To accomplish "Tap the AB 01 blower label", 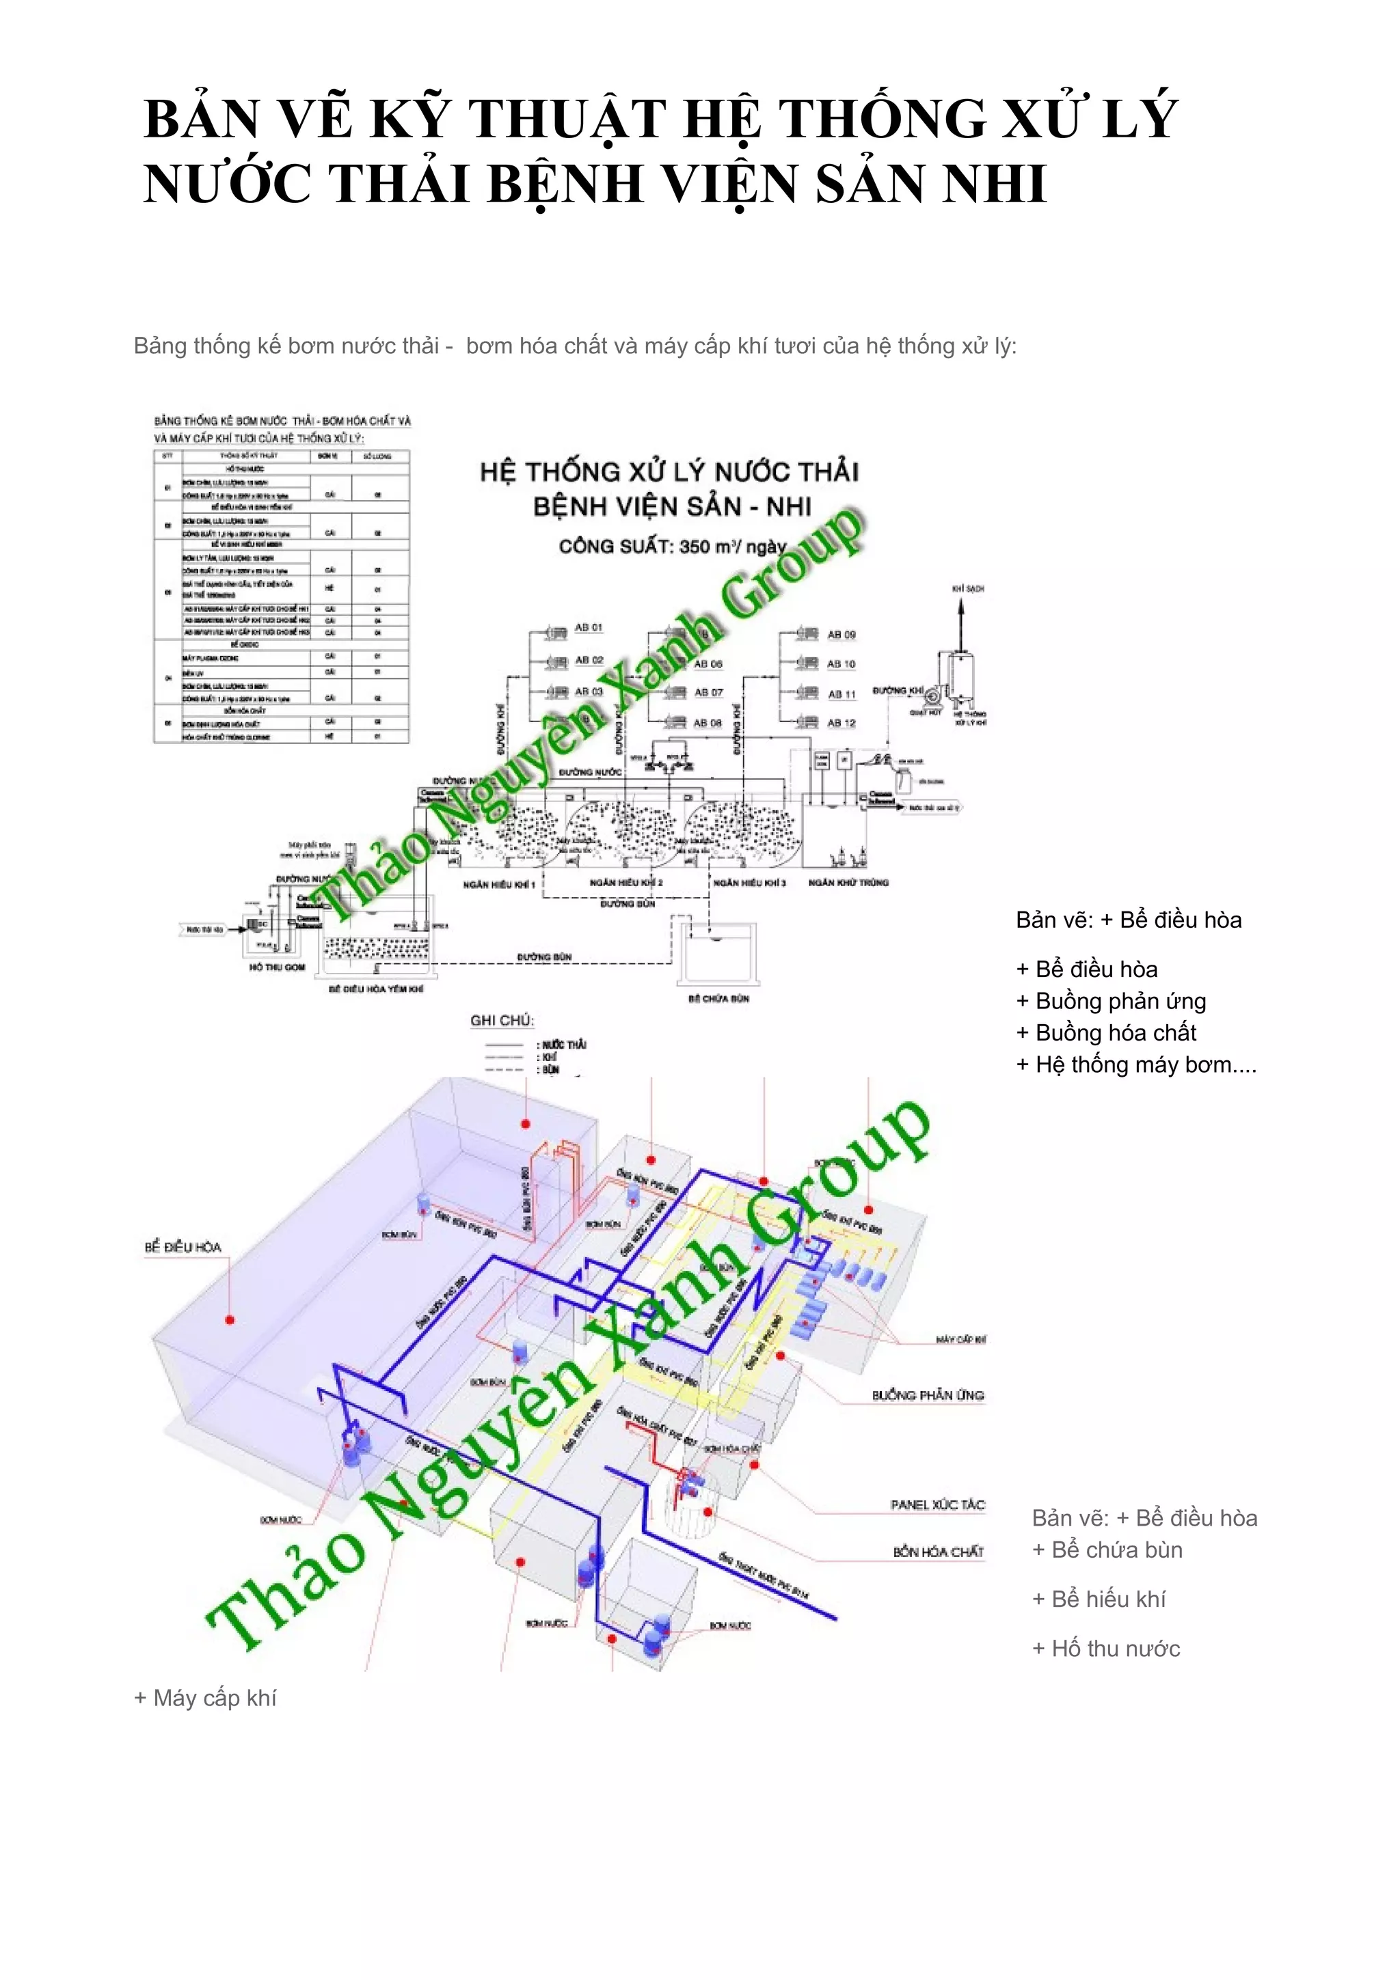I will [x=589, y=627].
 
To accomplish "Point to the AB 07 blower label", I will [x=708, y=693].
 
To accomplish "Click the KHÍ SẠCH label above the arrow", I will [x=968, y=588].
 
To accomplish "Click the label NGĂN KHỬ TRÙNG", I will [x=848, y=882].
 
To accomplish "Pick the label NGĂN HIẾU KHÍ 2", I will [x=626, y=882].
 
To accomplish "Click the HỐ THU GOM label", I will [x=277, y=967].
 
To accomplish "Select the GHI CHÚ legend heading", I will [x=502, y=1020].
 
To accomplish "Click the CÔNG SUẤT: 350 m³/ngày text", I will [x=672, y=546].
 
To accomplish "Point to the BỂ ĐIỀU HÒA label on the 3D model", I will [x=183, y=1247].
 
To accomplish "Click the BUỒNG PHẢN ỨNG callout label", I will [x=928, y=1395].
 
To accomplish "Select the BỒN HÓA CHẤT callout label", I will [x=938, y=1552].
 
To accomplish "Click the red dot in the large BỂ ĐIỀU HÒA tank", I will [x=230, y=1320].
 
